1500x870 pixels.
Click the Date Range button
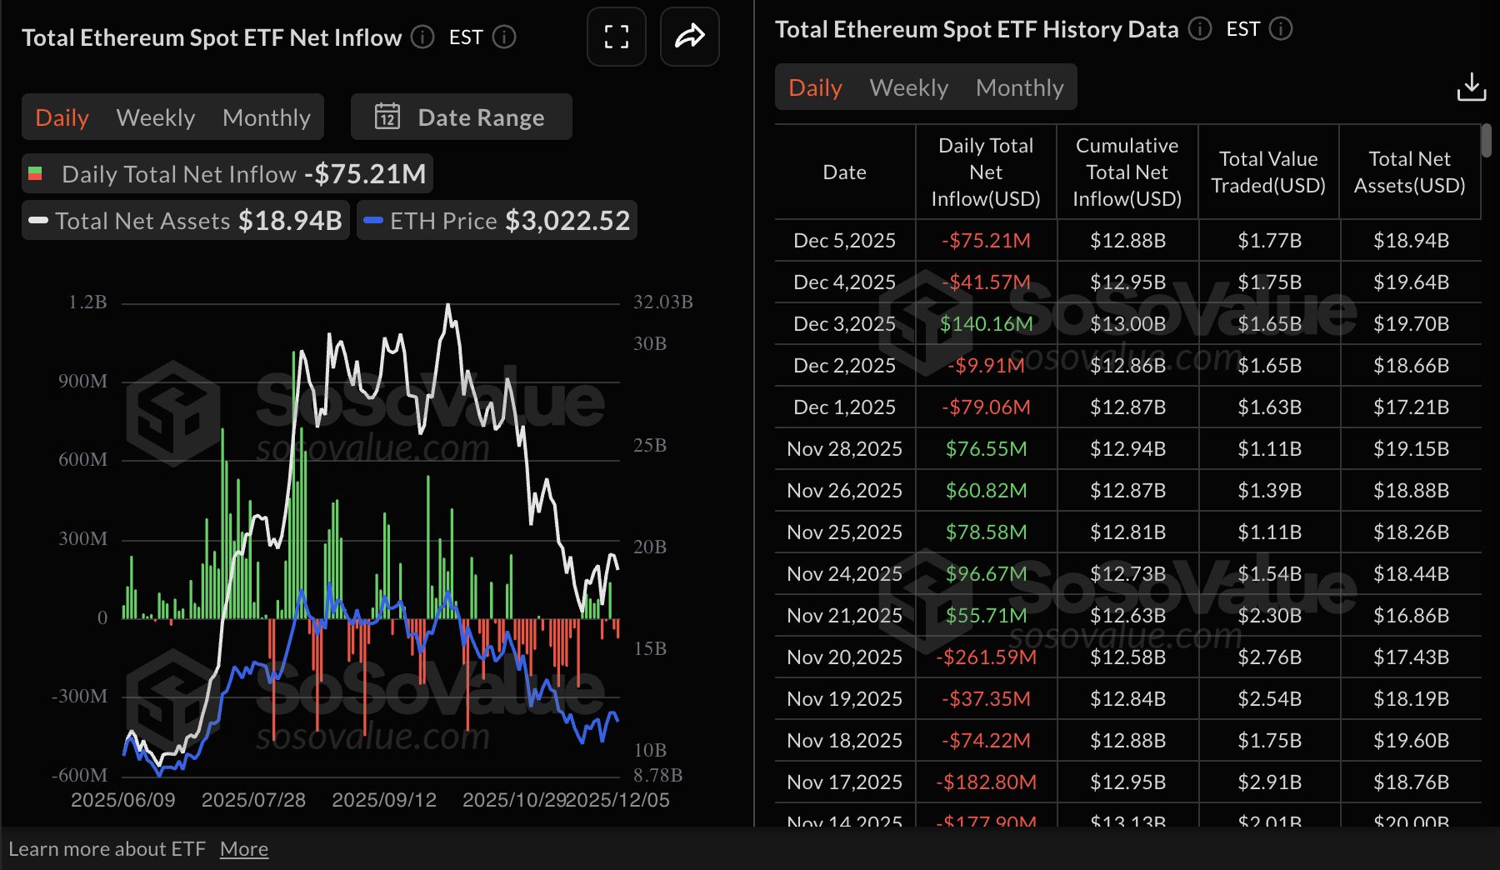[461, 117]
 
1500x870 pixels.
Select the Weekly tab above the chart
[156, 117]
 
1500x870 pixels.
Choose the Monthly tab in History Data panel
[1019, 87]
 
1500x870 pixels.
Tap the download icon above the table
[1471, 87]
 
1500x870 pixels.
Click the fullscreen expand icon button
[617, 37]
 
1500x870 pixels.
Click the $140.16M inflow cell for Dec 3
[986, 324]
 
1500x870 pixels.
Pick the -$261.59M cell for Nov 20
[986, 657]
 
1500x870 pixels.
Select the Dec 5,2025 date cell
[844, 241]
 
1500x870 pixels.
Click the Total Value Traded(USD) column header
[1267, 172]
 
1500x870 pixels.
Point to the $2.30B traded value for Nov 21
[1269, 616]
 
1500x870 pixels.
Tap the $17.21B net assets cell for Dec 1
[1410, 407]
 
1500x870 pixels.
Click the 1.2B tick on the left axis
[87, 302]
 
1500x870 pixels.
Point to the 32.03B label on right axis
[662, 302]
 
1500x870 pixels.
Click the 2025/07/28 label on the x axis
[253, 800]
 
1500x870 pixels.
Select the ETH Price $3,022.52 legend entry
[497, 221]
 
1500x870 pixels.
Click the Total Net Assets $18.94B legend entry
[186, 221]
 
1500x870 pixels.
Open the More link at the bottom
[243, 849]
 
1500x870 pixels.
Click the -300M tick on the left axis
[80, 696]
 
